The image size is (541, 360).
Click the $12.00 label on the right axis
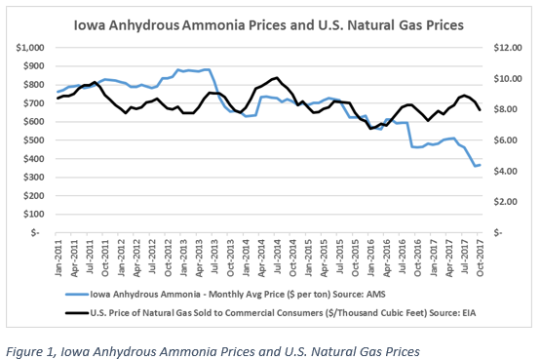click(x=502, y=47)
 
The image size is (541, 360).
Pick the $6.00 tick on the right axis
click(x=504, y=140)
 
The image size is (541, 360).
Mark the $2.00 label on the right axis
click(x=504, y=201)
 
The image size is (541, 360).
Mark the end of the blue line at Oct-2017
click(x=480, y=165)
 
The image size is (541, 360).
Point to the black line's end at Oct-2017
click(x=480, y=109)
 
